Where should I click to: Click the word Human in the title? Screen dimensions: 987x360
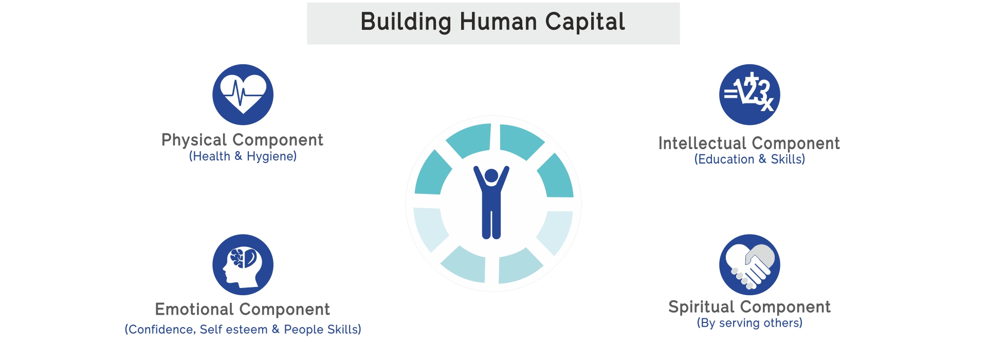[498, 22]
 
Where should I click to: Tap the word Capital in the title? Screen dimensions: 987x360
[585, 22]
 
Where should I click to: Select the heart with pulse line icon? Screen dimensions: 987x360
[243, 95]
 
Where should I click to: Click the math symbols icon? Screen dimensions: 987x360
[750, 95]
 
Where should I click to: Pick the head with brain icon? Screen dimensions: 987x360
[243, 265]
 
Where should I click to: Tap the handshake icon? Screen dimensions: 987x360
[750, 265]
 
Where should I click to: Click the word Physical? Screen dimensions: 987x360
[194, 140]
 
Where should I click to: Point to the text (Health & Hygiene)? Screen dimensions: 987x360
[243, 156]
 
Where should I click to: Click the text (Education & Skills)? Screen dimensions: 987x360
[750, 159]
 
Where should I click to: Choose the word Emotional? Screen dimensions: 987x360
[195, 310]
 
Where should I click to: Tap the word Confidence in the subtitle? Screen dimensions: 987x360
[161, 330]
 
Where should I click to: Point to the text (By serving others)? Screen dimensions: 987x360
[750, 323]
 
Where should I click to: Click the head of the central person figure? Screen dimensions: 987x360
[491, 176]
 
